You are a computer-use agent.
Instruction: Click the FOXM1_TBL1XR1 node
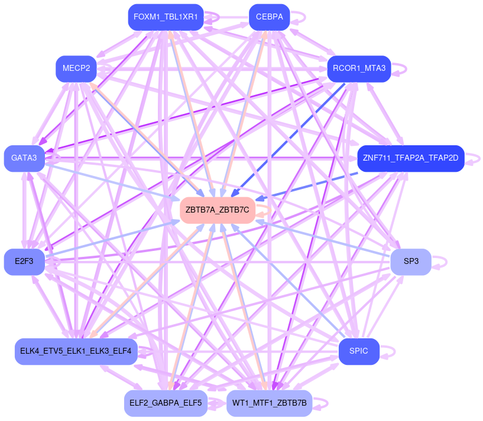click(x=166, y=17)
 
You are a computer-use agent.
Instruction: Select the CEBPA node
click(x=268, y=17)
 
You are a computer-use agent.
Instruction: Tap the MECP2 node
click(x=76, y=68)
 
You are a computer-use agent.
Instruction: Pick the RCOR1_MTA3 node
click(x=359, y=68)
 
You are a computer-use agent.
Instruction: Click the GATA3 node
click(x=24, y=158)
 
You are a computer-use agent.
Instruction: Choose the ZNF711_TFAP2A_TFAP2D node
click(x=410, y=158)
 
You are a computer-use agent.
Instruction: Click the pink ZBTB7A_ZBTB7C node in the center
click(x=217, y=210)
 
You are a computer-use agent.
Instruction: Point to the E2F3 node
click(x=24, y=261)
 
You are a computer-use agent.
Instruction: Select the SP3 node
click(x=411, y=261)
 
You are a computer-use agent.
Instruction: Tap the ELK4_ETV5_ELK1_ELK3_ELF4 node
click(x=76, y=351)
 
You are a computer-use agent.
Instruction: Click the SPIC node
click(x=359, y=351)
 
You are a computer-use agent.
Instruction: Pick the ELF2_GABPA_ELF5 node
click(x=166, y=403)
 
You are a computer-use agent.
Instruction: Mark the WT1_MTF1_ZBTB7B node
click(x=269, y=403)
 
